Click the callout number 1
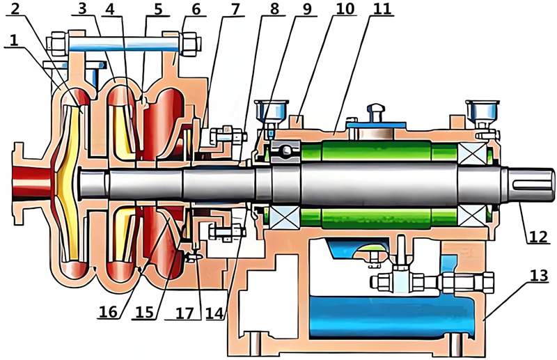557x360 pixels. click(12, 42)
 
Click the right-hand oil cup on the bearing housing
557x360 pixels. click(482, 112)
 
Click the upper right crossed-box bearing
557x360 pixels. click(469, 152)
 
